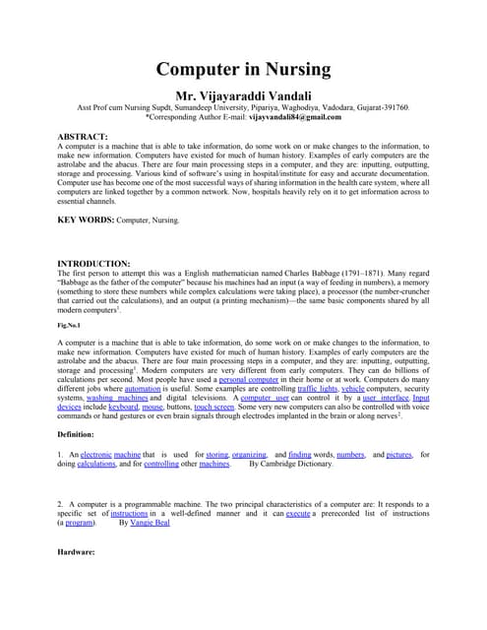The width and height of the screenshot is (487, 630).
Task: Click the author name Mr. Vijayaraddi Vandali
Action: point(243,94)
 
